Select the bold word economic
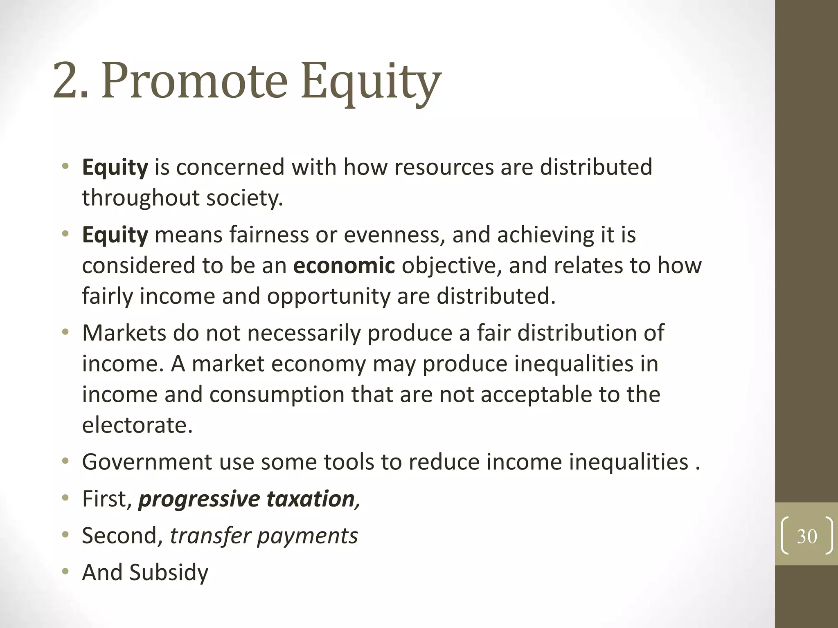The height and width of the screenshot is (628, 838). tap(344, 266)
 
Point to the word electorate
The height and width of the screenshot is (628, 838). tap(137, 425)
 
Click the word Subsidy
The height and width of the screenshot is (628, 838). tap(169, 573)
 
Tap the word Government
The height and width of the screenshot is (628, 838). tap(147, 462)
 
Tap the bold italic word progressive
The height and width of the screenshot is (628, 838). tap(199, 499)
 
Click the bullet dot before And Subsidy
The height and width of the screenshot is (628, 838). tap(65, 572)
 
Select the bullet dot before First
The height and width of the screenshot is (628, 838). tap(65, 498)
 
